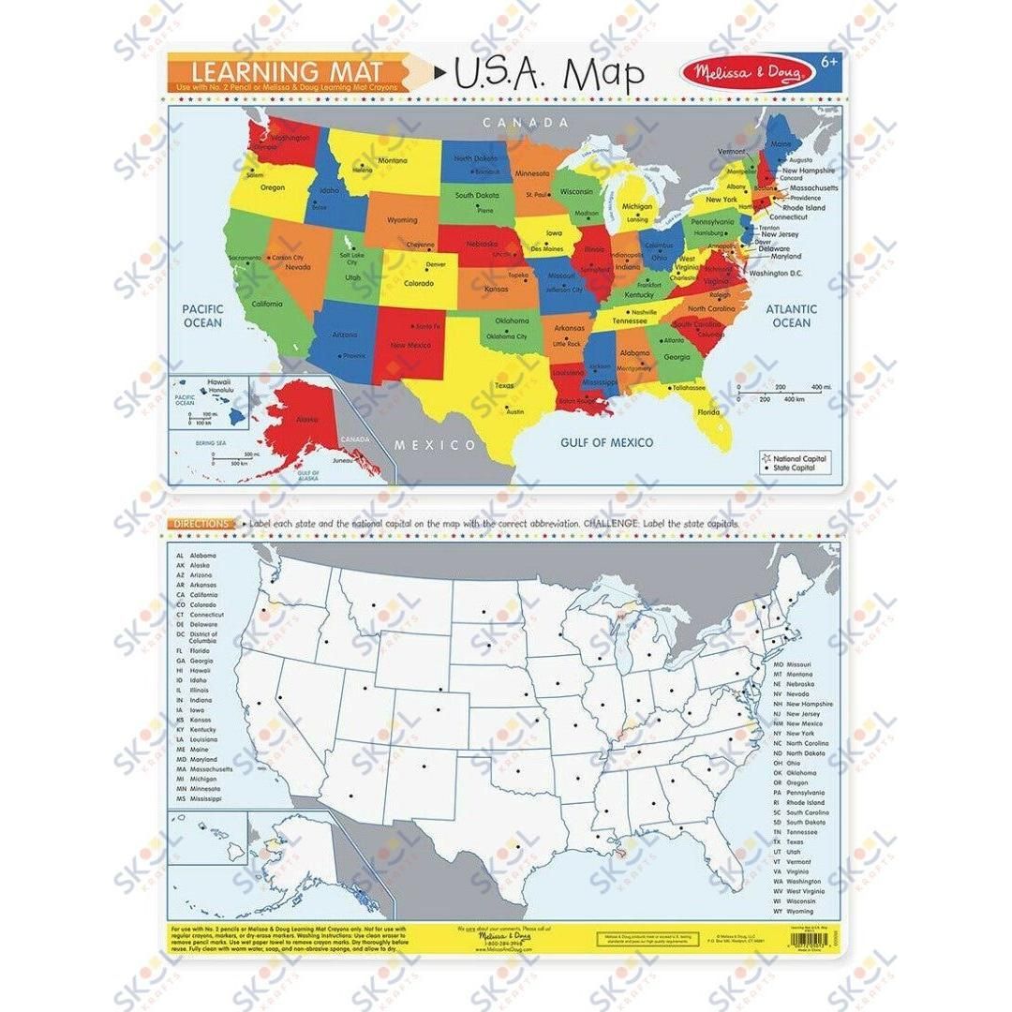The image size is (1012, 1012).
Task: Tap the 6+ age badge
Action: pyautogui.click(x=826, y=61)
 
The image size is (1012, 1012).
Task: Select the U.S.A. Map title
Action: pyautogui.click(x=548, y=75)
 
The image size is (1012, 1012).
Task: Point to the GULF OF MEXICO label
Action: pyautogui.click(x=606, y=442)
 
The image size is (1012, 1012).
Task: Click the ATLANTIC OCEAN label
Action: pyautogui.click(x=791, y=316)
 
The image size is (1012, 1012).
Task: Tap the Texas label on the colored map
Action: pyautogui.click(x=504, y=385)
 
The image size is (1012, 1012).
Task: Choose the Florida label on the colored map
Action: pyautogui.click(x=708, y=411)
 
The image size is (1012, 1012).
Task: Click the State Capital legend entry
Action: pyautogui.click(x=795, y=468)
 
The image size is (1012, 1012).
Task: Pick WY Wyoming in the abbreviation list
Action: pyautogui.click(x=794, y=911)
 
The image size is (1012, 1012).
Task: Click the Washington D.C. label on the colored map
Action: pyautogui.click(x=778, y=273)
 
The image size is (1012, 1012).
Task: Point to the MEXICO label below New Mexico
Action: pyautogui.click(x=434, y=444)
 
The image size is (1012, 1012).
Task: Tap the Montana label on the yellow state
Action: pyautogui.click(x=392, y=160)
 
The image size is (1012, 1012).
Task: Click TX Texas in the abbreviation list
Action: pyautogui.click(x=788, y=841)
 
